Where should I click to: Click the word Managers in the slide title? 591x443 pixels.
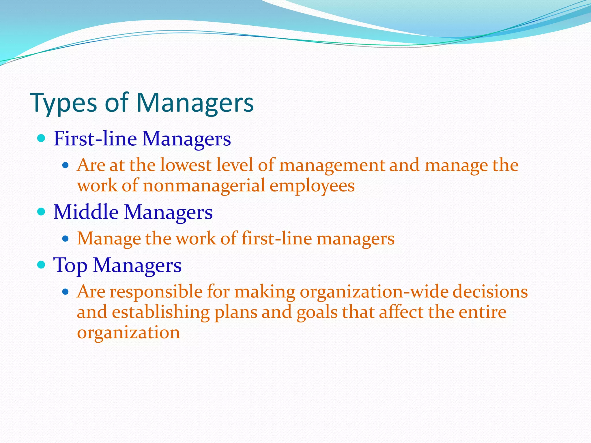coord(195,103)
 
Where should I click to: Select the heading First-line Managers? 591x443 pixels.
coord(142,139)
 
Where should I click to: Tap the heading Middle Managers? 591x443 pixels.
coord(133,212)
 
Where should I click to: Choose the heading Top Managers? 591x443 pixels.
coord(117,265)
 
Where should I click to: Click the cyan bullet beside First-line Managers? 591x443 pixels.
coord(42,139)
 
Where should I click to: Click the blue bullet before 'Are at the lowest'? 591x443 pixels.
coord(66,166)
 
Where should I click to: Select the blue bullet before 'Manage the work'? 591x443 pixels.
coord(66,239)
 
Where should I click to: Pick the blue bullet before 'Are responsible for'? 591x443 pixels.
coord(66,292)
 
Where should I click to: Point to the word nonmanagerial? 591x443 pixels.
coord(204,185)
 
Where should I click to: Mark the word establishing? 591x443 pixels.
coord(160,312)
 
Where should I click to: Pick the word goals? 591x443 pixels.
coord(317,312)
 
